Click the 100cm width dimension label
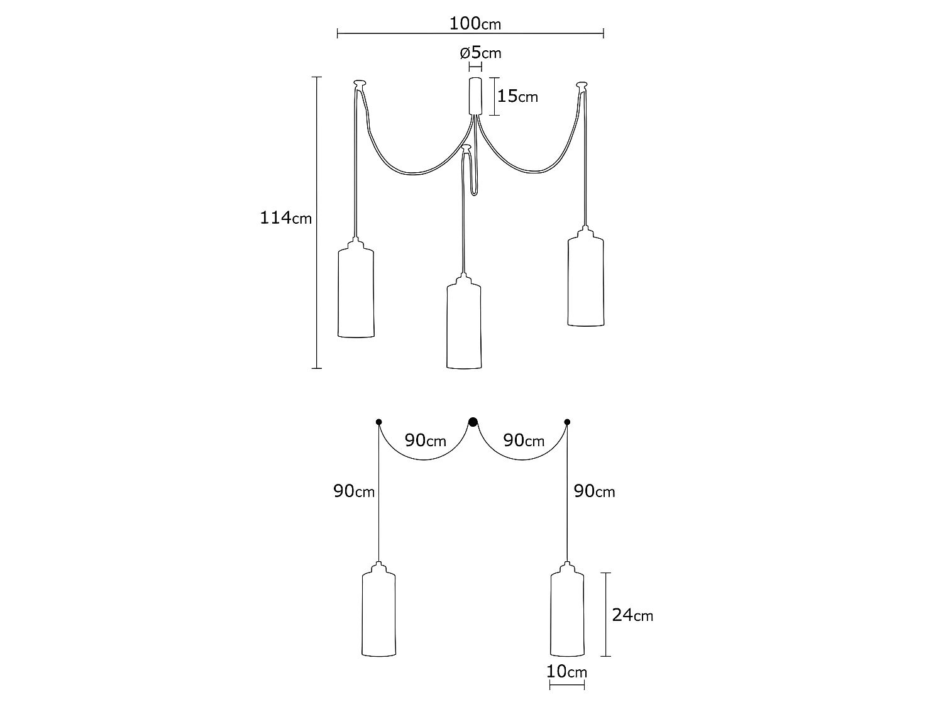coord(475,24)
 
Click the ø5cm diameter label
coord(481,52)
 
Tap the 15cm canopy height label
coord(517,96)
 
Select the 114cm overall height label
coord(286,218)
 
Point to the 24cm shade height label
coord(632,615)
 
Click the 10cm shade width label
coord(566,671)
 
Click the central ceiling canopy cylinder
coord(475,96)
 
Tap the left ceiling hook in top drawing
coord(360,83)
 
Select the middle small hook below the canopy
coord(466,148)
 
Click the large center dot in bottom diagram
coord(473,422)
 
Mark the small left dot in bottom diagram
coord(378,422)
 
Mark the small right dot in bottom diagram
coord(567,422)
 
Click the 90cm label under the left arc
coord(426,441)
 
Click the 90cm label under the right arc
coord(524,441)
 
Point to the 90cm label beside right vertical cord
coord(594,491)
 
